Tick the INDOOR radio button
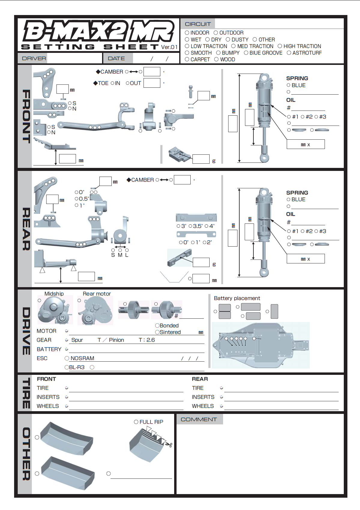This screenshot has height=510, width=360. click(187, 32)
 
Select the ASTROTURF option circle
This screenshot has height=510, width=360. click(289, 53)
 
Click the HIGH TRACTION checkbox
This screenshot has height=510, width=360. click(280, 46)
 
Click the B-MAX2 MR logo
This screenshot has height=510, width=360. click(98, 32)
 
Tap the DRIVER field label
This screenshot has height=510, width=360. click(34, 58)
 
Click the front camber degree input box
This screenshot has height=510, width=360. click(152, 72)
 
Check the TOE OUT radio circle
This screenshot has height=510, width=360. click(128, 83)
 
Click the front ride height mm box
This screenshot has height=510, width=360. click(67, 159)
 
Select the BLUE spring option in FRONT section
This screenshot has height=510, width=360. click(289, 85)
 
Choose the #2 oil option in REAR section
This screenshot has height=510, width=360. click(303, 231)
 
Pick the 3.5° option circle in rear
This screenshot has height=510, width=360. click(190, 226)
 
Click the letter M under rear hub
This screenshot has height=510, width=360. click(120, 255)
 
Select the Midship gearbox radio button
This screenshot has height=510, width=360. click(39, 300)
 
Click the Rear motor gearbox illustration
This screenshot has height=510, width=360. click(95, 311)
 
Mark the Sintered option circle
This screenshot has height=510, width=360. click(157, 332)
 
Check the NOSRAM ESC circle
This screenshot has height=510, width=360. click(67, 358)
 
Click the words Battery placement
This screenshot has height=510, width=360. click(237, 298)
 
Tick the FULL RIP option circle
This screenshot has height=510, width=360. click(136, 422)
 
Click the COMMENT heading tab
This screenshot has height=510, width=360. click(199, 419)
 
